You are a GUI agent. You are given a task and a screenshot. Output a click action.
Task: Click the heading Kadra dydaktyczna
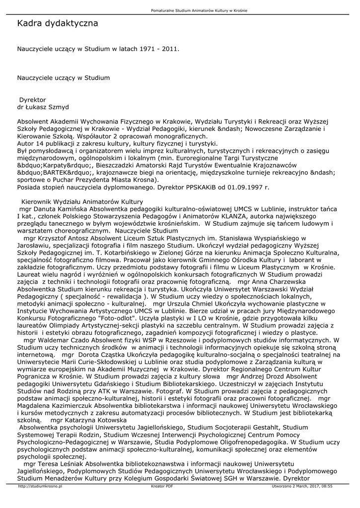click(57, 23)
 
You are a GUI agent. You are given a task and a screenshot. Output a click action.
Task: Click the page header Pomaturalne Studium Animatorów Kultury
click(199, 10)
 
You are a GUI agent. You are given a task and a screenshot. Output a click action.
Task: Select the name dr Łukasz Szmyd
click(43, 107)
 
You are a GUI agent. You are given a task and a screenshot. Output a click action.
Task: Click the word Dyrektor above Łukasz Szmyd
click(32, 100)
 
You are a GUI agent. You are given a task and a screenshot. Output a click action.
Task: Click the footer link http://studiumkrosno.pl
click(40, 487)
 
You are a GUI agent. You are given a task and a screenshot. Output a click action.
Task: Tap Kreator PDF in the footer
click(162, 487)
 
